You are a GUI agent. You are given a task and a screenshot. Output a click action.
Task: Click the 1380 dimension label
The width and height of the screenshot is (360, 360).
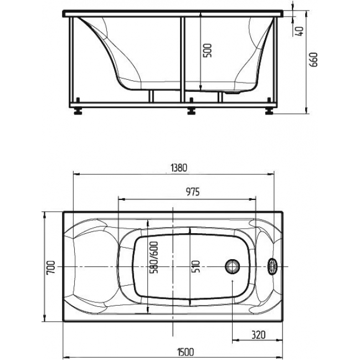point(179,168)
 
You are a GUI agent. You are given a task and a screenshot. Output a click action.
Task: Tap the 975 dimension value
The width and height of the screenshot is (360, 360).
point(193,192)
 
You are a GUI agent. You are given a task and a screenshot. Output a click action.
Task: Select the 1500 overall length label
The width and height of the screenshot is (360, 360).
point(186,352)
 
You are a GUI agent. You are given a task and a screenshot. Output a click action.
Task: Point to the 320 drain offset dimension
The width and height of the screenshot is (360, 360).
point(259,335)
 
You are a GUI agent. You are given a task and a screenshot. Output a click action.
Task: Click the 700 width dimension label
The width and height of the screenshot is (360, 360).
point(51,268)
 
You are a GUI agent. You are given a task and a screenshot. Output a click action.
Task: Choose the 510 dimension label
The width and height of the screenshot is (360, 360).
point(196,266)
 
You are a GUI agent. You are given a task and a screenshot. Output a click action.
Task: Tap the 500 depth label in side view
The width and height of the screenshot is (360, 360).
point(208,50)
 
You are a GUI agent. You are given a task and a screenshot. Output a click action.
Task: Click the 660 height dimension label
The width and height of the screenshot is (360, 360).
point(313,59)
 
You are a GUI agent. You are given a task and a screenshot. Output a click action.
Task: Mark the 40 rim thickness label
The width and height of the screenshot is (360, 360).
point(300,31)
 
